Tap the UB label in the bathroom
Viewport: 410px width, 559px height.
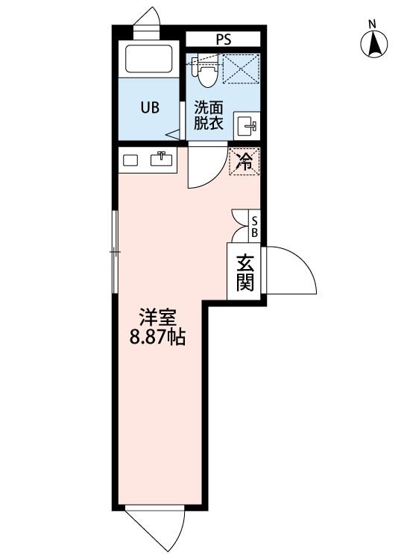pos(150,107)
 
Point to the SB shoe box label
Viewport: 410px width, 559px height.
pos(254,226)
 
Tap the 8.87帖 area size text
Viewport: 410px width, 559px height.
pos(157,338)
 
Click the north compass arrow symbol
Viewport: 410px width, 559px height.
pos(376,45)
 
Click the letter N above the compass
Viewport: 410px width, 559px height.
pos(372,24)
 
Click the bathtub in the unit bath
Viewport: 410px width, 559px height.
pos(149,60)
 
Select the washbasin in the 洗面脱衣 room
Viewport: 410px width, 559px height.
pos(247,127)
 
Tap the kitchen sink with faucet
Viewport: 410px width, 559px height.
pos(161,160)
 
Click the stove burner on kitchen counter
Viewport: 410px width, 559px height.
pos(130,160)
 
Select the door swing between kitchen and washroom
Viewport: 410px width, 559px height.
pos(205,167)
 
